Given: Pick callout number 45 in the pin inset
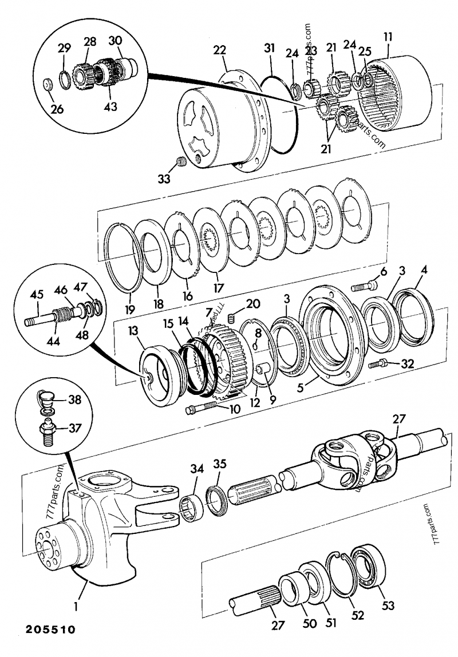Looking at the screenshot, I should coord(37,295).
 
